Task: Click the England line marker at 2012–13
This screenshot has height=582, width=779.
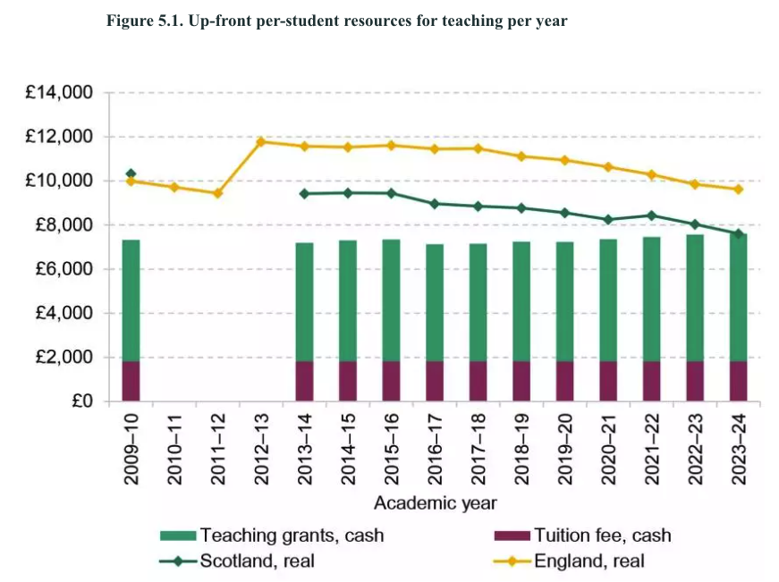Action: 261,141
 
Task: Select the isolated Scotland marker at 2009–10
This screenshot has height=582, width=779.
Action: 131,173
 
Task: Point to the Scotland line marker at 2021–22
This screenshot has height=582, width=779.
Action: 651,215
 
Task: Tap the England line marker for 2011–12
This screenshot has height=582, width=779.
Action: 217,193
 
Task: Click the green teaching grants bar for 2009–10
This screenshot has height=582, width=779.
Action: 131,300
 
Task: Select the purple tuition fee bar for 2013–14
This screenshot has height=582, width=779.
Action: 304,381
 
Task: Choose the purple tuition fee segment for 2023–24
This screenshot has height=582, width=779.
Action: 738,381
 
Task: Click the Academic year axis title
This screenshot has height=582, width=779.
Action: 435,503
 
